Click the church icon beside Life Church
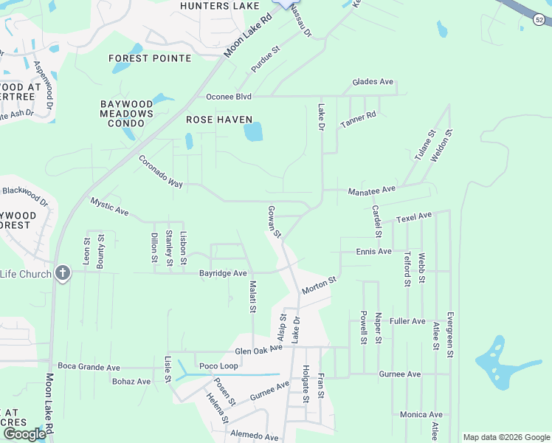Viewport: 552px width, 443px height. click(63, 273)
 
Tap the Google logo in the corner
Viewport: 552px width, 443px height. click(24, 434)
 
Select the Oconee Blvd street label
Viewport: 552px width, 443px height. click(229, 97)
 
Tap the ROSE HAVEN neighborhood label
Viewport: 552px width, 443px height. click(219, 120)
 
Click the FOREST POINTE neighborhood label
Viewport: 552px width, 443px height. click(150, 58)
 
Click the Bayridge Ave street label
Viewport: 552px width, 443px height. click(223, 273)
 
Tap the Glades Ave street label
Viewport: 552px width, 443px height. click(373, 82)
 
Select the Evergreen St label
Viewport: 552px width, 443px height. click(449, 334)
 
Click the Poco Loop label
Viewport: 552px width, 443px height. click(218, 366)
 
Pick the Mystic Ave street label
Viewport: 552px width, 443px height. click(109, 207)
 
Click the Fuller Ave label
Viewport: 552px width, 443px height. click(407, 321)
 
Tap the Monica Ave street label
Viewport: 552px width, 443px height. click(421, 415)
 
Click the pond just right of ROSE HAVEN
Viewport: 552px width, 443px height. click(253, 132)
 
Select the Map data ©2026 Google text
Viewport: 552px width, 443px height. click(506, 437)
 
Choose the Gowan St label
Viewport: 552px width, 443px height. click(275, 222)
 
